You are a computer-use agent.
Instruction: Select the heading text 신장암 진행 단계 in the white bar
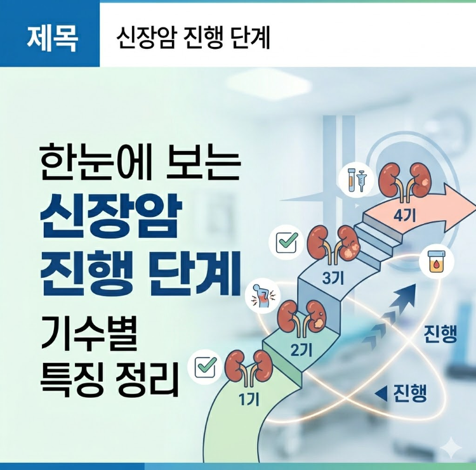(194, 38)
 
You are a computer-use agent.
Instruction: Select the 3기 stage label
(332, 277)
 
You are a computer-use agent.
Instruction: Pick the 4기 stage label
(404, 214)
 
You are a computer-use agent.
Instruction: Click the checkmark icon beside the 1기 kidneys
(206, 366)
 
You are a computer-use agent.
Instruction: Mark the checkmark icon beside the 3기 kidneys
(286, 241)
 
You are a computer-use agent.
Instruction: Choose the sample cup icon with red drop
(435, 259)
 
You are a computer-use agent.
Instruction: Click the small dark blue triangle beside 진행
(381, 394)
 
